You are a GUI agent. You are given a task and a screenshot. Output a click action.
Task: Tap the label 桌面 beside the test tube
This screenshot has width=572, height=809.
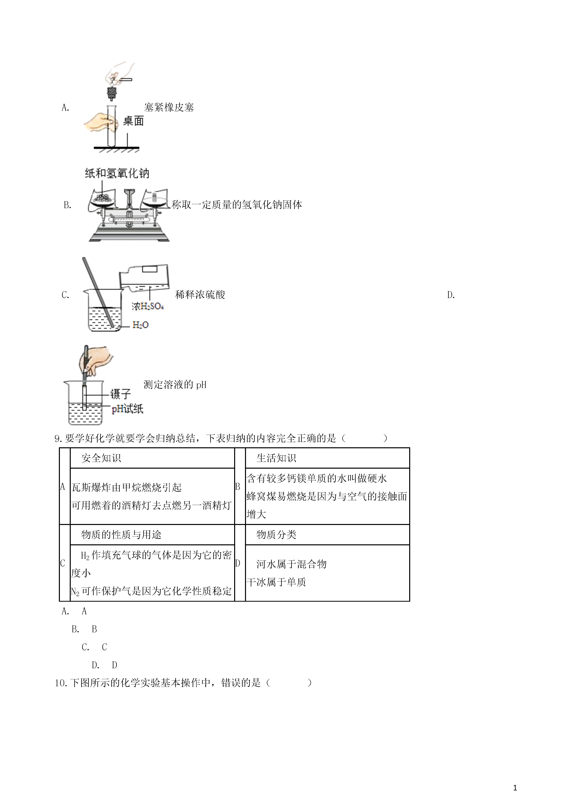133,121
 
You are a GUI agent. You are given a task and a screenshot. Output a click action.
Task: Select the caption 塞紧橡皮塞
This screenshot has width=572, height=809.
169,108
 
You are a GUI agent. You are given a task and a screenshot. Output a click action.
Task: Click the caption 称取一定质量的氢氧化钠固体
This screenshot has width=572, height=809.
237,205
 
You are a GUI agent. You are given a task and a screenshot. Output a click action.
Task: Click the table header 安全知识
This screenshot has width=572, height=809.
101,458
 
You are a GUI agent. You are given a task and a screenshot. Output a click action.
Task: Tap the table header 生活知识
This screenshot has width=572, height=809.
276,458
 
